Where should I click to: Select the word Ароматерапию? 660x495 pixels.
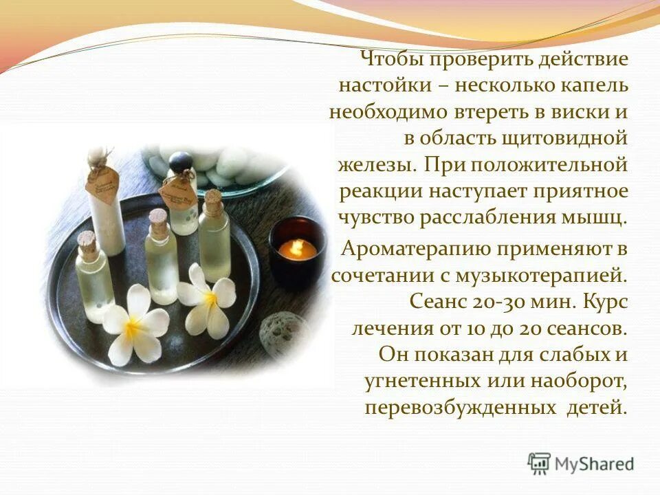(x=423, y=247)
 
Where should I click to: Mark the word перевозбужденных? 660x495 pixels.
(x=460, y=407)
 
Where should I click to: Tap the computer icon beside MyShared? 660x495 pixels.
(x=540, y=463)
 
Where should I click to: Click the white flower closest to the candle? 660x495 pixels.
(x=208, y=297)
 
